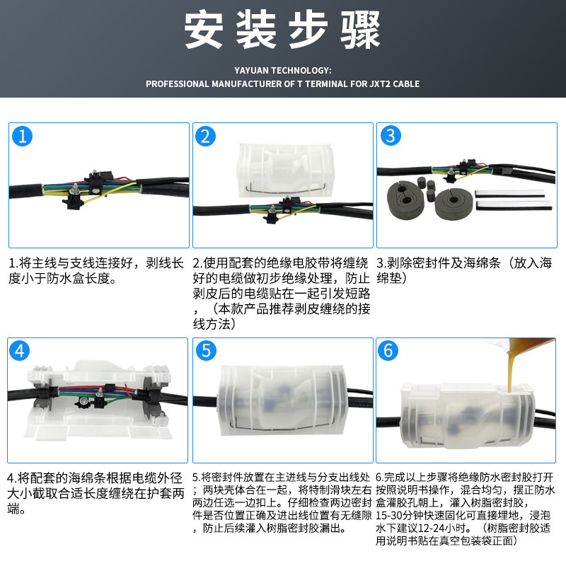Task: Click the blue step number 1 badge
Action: coord(22,137)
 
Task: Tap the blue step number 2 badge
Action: coord(205,137)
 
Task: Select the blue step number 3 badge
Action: coord(391,136)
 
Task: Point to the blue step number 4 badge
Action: coord(20,350)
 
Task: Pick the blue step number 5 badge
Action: coord(206,350)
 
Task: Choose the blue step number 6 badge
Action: coord(388,350)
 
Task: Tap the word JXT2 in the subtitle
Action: coord(379,84)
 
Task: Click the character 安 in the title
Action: coord(204,30)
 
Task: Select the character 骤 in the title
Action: coord(361,30)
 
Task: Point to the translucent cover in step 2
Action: coord(285,171)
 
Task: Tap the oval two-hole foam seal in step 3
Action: coord(405,200)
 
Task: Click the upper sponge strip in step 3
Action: coord(509,193)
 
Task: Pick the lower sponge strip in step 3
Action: coord(514,206)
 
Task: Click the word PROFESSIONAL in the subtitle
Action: coord(178,84)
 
